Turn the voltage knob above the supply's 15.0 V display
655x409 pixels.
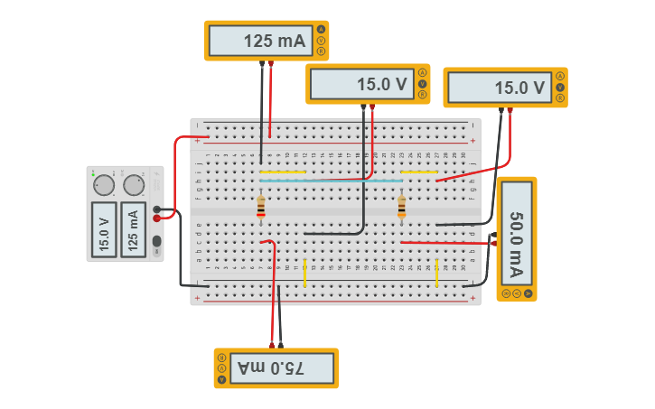click(x=105, y=185)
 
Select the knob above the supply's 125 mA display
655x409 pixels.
click(x=134, y=185)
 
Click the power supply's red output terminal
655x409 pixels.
click(x=157, y=218)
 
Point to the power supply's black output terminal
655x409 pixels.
click(x=157, y=209)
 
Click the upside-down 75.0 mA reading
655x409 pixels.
click(x=271, y=368)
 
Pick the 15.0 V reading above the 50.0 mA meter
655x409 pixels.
click(x=498, y=88)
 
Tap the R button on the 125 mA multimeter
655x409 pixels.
click(x=321, y=51)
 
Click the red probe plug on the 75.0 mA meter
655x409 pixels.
click(x=271, y=344)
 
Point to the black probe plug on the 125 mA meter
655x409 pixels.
click(x=262, y=63)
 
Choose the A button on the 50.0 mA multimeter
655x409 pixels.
click(x=527, y=293)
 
